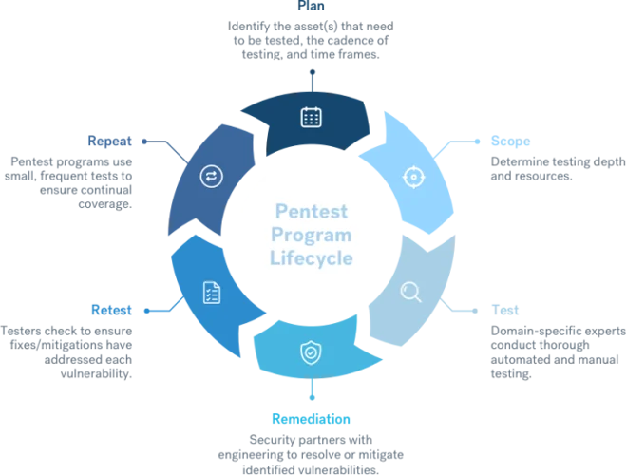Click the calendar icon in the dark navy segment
(311, 117)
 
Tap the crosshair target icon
(412, 177)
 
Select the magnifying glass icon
(410, 292)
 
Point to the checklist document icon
(212, 294)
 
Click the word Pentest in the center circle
(312, 211)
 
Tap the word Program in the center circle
(312, 234)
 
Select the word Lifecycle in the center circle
(312, 257)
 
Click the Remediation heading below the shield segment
(312, 418)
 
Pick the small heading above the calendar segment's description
(311, 6)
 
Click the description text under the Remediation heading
(312, 450)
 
